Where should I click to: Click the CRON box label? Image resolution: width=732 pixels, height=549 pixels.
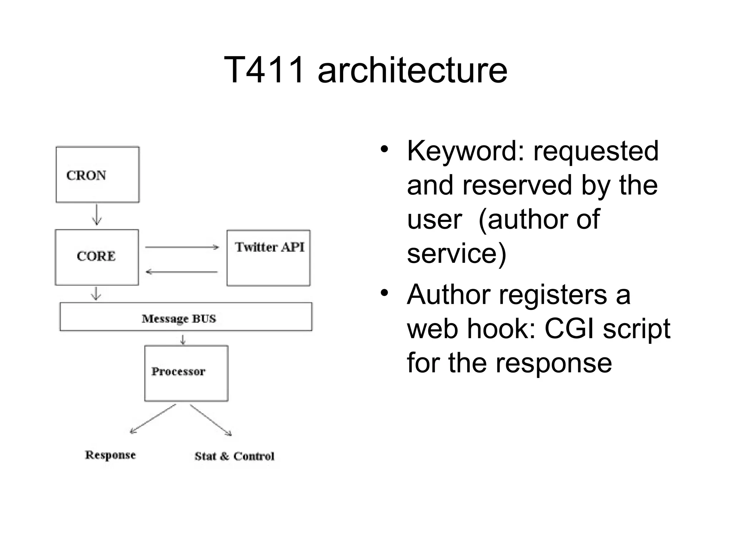86,175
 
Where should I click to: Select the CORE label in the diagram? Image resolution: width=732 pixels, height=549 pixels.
96,256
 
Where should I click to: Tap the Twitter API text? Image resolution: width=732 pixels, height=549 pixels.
269,247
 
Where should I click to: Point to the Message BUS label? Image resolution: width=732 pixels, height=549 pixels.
179,318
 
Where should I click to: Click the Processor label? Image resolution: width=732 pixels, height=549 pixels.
178,371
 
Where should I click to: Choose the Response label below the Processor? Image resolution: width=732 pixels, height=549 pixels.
110,455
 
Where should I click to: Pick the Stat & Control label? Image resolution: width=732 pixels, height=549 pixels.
234,456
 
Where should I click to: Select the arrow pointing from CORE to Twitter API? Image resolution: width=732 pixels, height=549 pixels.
182,247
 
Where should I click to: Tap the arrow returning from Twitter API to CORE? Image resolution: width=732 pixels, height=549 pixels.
182,272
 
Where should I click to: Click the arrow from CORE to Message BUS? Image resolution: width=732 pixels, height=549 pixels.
96,293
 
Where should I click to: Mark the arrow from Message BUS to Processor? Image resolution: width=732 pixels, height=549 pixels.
183,339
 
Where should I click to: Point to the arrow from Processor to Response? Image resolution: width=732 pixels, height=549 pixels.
153,419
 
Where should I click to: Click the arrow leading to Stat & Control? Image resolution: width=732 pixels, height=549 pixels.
211,420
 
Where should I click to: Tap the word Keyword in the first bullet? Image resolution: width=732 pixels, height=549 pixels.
465,151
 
